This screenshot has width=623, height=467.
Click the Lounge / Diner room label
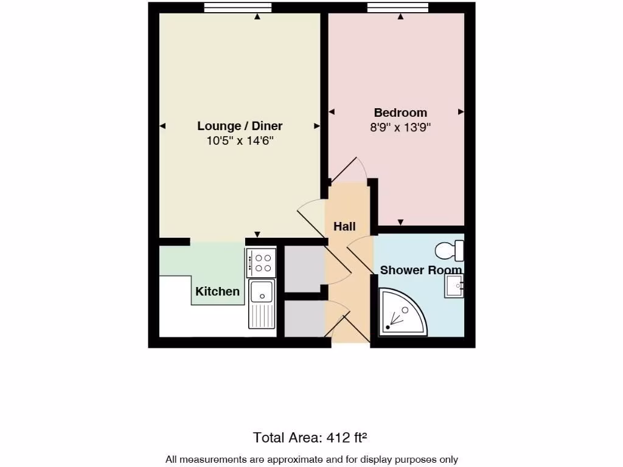pos(240,126)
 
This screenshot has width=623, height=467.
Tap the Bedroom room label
pos(400,112)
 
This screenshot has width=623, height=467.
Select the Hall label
pos(344,226)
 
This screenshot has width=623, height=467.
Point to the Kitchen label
pos(217,291)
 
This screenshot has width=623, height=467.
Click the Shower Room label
pos(420,270)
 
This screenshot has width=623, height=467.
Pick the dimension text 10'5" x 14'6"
pos(240,141)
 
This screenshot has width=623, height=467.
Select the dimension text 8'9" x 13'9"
pos(400,128)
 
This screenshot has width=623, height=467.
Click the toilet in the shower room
pos(450,251)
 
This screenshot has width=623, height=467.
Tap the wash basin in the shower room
pos(453,285)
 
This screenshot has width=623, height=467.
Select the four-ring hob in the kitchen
pos(262,262)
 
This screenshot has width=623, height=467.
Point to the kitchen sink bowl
pos(262,290)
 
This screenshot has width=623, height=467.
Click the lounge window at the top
pos(237,7)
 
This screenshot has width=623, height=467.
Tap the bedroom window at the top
pos(398,7)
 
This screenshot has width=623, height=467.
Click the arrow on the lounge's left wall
pos(162,126)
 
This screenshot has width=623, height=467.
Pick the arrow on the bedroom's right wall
pos(461,112)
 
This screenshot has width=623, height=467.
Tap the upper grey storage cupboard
pos(304,268)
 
